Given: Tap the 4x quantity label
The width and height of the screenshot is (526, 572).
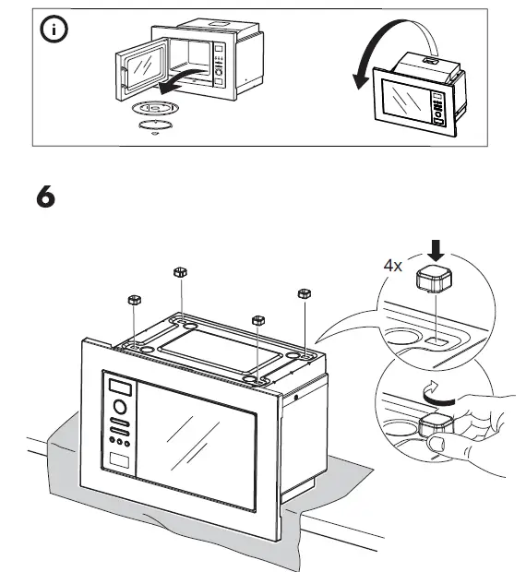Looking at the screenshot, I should [393, 265].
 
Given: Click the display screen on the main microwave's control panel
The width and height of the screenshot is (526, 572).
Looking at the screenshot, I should [120, 385].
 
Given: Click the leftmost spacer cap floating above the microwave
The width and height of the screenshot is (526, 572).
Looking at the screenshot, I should [133, 301].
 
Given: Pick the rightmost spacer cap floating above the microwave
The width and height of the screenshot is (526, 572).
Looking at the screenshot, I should [302, 294].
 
